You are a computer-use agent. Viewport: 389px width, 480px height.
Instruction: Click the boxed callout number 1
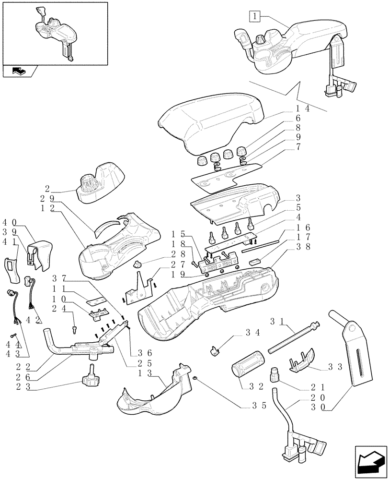(255, 17)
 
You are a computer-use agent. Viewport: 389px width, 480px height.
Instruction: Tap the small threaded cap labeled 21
(275, 373)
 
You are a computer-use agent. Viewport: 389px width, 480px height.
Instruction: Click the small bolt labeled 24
(74, 329)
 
